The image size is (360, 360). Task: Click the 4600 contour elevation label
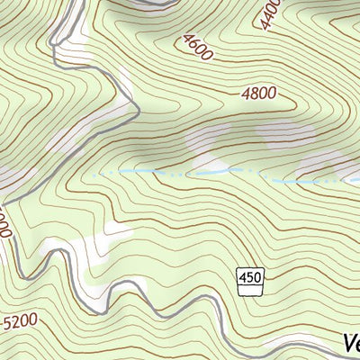click(x=197, y=46)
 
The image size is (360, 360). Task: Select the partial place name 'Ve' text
click(x=351, y=343)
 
